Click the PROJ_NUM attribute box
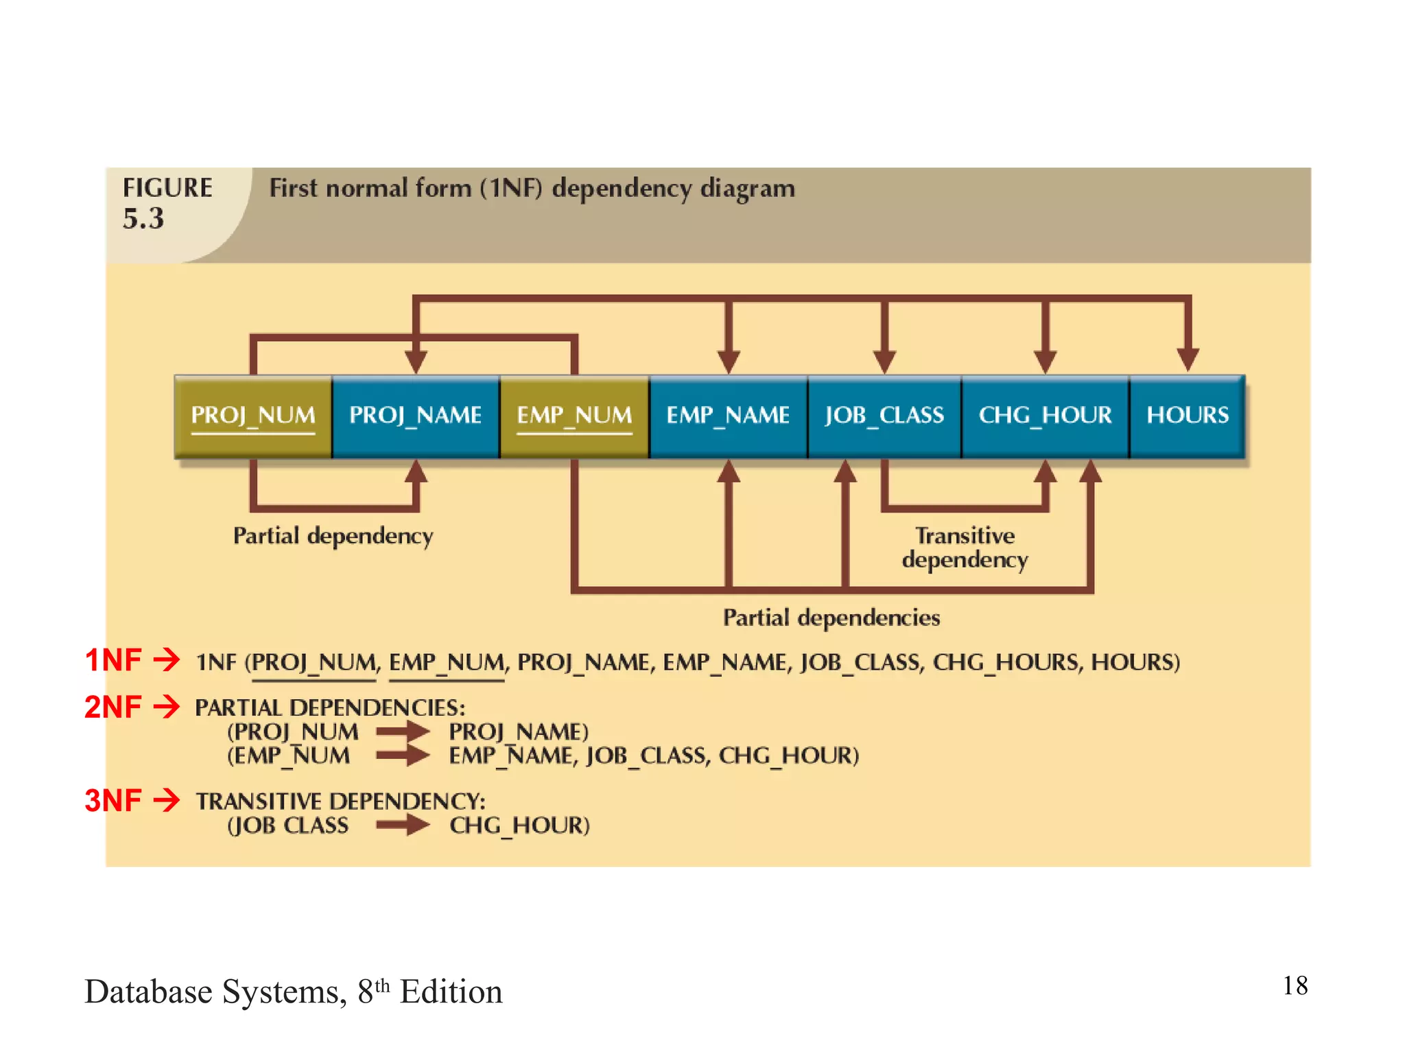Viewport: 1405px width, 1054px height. (x=253, y=416)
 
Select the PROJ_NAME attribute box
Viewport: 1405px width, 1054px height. (x=416, y=416)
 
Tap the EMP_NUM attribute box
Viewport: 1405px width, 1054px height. (x=574, y=416)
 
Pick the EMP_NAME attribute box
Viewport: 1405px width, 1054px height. (x=728, y=416)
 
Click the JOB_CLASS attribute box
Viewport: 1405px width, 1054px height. (x=884, y=416)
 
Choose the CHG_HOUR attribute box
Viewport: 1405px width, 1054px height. (x=1045, y=416)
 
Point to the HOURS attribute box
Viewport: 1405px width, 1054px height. (x=1188, y=416)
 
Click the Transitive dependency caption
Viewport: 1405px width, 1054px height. (x=965, y=548)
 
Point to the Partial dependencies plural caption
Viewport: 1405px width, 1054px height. (x=831, y=618)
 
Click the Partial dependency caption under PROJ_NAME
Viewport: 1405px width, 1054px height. (x=333, y=536)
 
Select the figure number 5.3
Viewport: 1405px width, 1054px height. (x=143, y=219)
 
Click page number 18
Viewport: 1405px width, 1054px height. (x=1295, y=986)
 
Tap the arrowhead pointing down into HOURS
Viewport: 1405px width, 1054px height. (x=1188, y=358)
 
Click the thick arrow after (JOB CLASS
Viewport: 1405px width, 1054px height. (x=403, y=824)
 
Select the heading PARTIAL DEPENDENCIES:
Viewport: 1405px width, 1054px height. (x=330, y=707)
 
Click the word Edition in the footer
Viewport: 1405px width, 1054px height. (x=451, y=992)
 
